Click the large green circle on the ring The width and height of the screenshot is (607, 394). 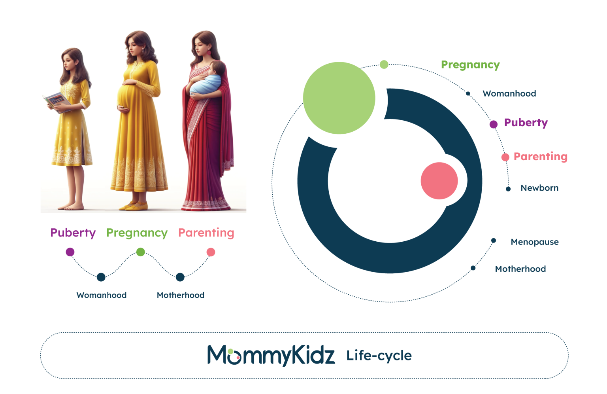pos(339,98)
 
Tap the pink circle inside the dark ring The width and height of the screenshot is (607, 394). pos(439,181)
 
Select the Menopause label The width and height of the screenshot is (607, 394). pos(535,242)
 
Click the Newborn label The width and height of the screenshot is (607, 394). pos(539,188)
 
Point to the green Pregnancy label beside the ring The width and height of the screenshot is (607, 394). pos(470,65)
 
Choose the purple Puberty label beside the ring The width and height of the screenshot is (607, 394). pos(526,123)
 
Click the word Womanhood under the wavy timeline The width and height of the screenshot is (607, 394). pos(101,295)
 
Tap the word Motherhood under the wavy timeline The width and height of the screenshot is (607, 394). pos(181,295)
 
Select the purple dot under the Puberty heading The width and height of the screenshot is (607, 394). pos(70,252)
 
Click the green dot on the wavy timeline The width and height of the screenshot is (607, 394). pos(141,252)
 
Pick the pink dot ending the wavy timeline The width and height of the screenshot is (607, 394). pos(211,252)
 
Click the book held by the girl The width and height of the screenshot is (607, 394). pos(57,102)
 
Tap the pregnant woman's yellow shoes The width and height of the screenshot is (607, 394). pos(134,206)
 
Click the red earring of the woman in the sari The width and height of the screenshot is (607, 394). pos(209,52)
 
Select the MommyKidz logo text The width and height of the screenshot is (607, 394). pos(271,355)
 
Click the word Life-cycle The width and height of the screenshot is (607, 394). pos(379,356)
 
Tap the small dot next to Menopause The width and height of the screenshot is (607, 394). pos(494,241)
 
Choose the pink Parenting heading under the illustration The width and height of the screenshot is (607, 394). pos(206,233)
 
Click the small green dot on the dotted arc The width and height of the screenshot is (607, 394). pos(384,64)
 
